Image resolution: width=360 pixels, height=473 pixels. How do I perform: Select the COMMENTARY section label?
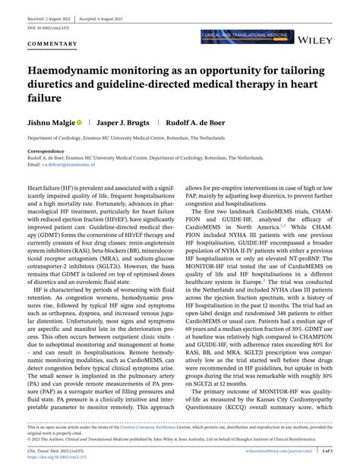[x=53, y=44]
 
